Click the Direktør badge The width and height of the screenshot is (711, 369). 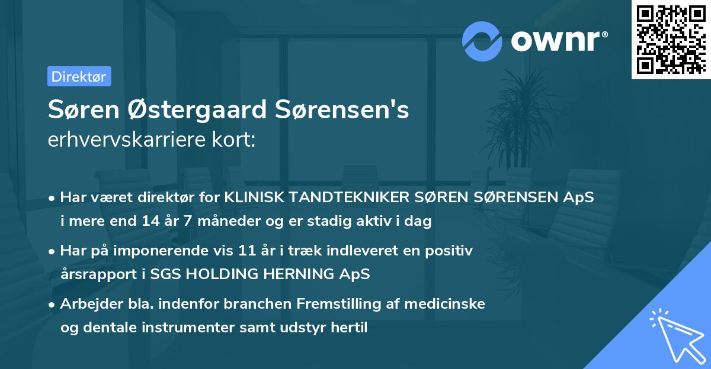click(x=79, y=76)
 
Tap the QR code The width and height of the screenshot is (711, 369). click(x=671, y=40)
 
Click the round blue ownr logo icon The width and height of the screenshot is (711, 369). click(x=482, y=41)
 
